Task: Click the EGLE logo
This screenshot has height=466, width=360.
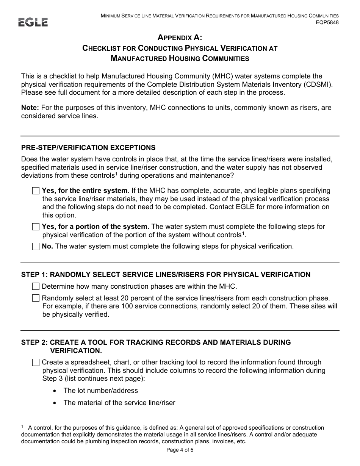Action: (x=33, y=22)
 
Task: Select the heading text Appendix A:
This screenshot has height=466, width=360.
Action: (x=180, y=38)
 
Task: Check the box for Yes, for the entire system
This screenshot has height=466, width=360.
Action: (x=36, y=191)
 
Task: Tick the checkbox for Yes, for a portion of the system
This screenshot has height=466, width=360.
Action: (x=36, y=227)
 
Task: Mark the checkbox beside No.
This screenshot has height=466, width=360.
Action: (x=36, y=247)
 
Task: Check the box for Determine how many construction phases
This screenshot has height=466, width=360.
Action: (x=36, y=286)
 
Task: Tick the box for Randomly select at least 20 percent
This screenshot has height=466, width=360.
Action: (x=36, y=298)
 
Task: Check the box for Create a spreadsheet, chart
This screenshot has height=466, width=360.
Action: (x=36, y=363)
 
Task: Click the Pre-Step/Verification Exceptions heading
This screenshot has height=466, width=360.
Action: (x=88, y=148)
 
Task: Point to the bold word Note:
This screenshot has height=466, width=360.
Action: (x=30, y=108)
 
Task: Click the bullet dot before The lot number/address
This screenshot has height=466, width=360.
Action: (x=56, y=391)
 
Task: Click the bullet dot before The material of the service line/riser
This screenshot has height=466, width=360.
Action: (x=56, y=403)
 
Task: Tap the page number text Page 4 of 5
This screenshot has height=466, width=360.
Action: (x=180, y=450)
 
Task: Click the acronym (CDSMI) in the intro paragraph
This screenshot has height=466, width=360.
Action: (x=319, y=84)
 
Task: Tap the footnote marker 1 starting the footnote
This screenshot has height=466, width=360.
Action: (x=22, y=427)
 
